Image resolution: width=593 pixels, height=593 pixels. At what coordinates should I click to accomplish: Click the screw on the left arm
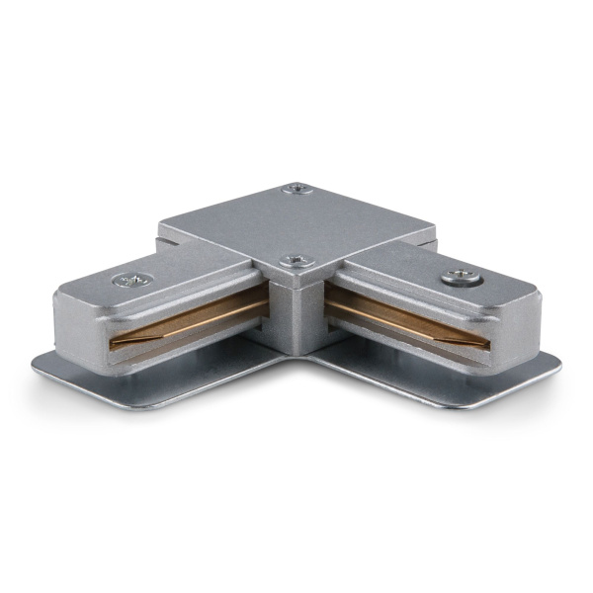pyautogui.click(x=131, y=281)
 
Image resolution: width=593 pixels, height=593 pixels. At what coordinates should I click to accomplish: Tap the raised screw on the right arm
pyautogui.click(x=456, y=279)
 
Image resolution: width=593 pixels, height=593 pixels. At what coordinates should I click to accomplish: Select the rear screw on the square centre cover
pyautogui.click(x=296, y=189)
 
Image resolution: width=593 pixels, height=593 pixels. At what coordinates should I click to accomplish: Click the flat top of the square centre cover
pyautogui.click(x=296, y=224)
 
